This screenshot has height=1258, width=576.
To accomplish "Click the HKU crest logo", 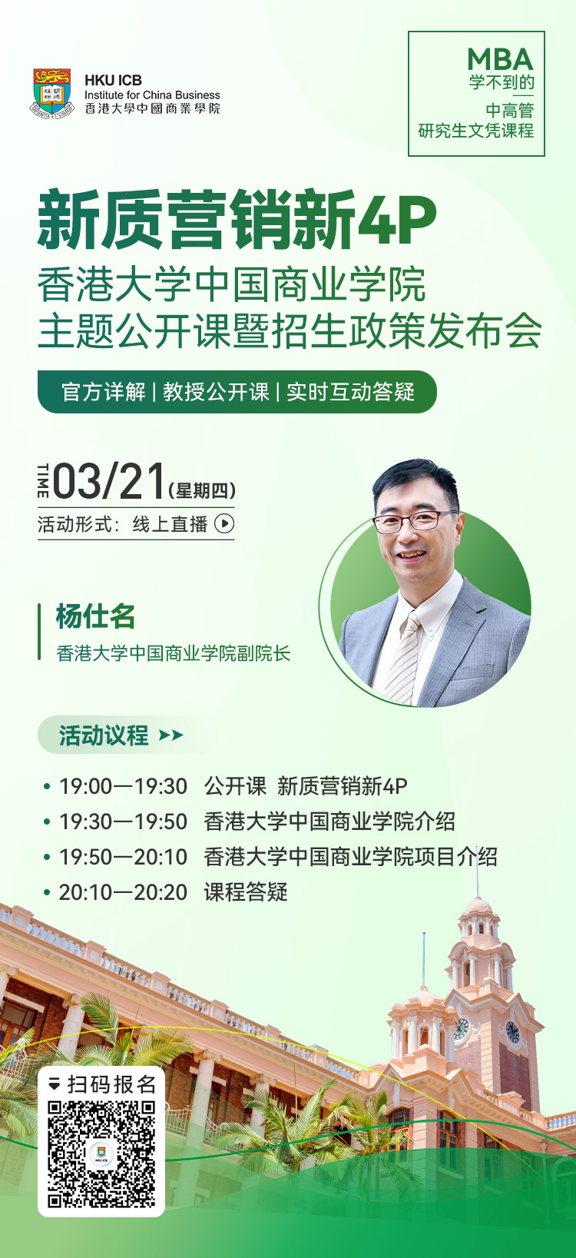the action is tap(52, 93).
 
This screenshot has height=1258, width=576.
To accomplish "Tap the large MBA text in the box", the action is tap(500, 59).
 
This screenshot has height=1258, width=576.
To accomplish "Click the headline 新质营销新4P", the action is tap(237, 219).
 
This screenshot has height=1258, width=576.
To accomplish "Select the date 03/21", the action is tap(108, 481).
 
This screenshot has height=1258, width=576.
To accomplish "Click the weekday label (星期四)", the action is tap(202, 490).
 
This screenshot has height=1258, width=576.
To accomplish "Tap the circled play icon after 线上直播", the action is tap(224, 523).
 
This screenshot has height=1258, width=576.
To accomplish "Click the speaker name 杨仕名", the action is tap(95, 616).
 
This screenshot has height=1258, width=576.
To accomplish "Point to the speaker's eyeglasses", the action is tap(414, 521).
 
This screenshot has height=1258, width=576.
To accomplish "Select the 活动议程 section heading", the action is tap(104, 735).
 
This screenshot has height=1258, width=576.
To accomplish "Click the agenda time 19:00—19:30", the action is tap(123, 786).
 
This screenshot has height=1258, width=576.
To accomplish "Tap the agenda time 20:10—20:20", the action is tap(123, 892).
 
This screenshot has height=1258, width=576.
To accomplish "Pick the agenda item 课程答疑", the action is tap(245, 892).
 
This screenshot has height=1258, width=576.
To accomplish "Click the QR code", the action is tap(101, 1155).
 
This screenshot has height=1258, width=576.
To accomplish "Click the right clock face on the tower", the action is tap(512, 1031).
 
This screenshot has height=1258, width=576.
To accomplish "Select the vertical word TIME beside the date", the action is tap(43, 481).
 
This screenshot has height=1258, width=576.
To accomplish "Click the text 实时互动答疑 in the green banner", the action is tap(351, 392).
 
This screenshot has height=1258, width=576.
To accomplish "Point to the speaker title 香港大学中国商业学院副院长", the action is tap(173, 653).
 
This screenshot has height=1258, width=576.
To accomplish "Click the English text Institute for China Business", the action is tap(152, 95).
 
